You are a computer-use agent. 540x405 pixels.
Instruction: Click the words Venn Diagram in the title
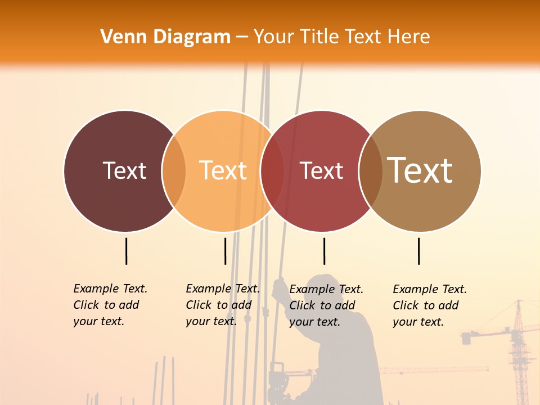(165, 37)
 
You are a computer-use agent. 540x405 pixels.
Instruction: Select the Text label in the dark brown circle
(124, 170)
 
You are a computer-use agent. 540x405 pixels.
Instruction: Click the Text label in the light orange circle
(223, 170)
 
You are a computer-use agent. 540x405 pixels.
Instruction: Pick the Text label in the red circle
(321, 170)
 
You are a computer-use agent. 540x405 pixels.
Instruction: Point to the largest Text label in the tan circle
(420, 170)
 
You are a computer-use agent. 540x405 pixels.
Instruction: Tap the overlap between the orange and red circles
(272, 171)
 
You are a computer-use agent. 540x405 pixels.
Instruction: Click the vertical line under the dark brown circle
(126, 251)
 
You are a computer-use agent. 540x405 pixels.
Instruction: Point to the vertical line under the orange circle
(225, 251)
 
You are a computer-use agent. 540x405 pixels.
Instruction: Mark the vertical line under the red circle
(324, 251)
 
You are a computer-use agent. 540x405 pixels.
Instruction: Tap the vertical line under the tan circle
(418, 251)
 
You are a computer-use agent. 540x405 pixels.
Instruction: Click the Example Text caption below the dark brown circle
(110, 305)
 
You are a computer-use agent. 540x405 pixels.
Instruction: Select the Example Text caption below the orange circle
(222, 305)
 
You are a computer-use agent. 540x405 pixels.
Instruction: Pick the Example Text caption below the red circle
(326, 305)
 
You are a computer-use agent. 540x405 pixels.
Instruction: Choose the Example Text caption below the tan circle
(429, 305)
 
